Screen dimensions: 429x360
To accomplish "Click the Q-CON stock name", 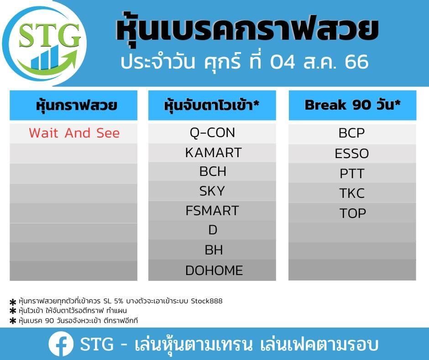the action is point(212,133).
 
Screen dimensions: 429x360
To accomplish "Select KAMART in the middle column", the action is point(214,153).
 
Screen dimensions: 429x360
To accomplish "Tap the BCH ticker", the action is point(213,172).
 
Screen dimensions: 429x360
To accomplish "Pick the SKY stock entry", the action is point(212,191).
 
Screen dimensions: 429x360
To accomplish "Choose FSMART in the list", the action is point(212,211).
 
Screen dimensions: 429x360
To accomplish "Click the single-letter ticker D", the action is point(213,230).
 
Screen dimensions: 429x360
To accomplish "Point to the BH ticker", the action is point(214,250).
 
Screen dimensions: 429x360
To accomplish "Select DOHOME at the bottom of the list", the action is point(214,270).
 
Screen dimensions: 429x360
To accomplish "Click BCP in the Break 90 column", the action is point(351,133).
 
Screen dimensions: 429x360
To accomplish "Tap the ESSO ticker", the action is point(352,154).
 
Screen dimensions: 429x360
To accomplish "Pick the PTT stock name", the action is point(352,174).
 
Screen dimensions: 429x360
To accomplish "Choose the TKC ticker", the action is point(352,193).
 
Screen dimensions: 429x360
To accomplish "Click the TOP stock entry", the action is point(353,213).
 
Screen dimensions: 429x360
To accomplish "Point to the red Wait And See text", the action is point(74,133).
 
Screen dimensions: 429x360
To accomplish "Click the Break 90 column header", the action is point(353,105).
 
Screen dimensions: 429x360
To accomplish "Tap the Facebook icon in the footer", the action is point(61,344).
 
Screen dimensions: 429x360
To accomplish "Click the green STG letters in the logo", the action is point(50,35).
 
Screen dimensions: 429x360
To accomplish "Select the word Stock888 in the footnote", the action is point(207,301).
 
